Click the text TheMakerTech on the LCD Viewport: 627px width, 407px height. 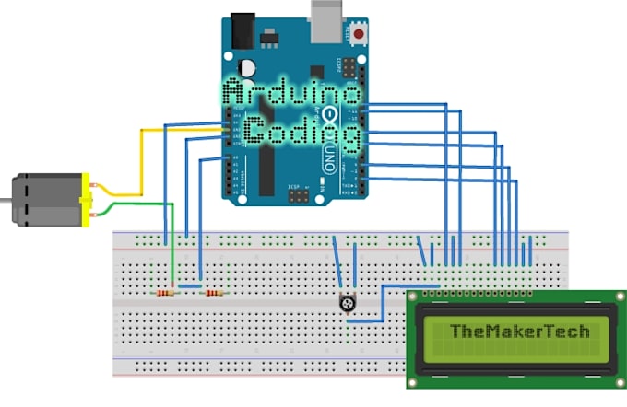(519, 330)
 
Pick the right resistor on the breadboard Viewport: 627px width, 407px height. (214, 293)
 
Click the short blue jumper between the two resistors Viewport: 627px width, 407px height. (191, 286)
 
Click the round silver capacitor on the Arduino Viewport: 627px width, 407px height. (247, 69)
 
